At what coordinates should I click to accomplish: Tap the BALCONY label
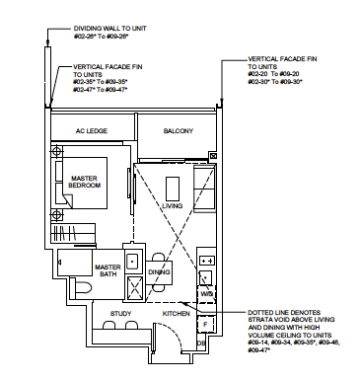[179, 131]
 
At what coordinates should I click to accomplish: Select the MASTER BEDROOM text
[87, 184]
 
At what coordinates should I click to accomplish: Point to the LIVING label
[174, 206]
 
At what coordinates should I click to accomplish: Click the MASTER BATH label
[108, 271]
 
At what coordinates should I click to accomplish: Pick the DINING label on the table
[160, 271]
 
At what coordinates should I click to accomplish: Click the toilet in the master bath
[68, 267]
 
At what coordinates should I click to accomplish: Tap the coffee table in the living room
[174, 188]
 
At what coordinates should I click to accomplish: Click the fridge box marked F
[204, 322]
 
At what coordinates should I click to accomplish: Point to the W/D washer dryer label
[206, 293]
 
